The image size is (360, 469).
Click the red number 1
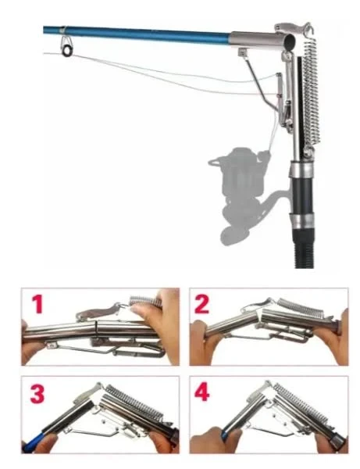coord(38,303)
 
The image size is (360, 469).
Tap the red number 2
coord(201,303)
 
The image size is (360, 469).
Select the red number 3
coord(37,393)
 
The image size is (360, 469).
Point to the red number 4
coord(202,392)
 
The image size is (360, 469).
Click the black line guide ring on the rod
coord(67,51)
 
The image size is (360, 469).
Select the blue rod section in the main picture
coord(137,34)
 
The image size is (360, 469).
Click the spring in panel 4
coord(301,402)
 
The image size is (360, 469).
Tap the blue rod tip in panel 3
coord(34,443)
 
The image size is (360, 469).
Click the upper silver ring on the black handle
coord(302,170)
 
